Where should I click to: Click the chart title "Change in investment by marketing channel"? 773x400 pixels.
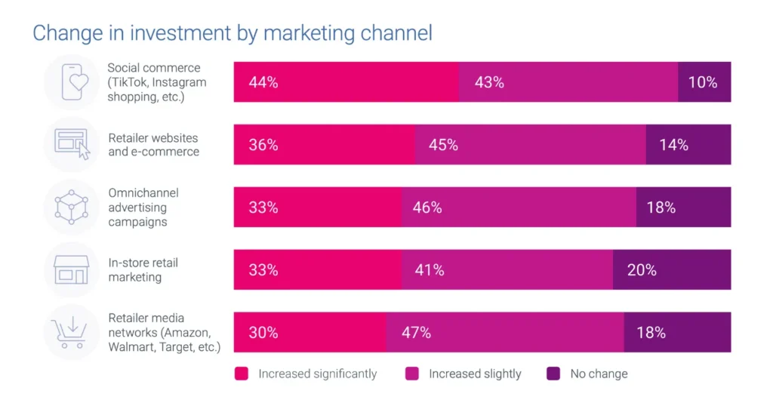pyautogui.click(x=232, y=34)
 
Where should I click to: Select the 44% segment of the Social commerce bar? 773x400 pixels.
pyautogui.click(x=346, y=82)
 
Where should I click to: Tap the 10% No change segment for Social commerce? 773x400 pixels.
pyautogui.click(x=704, y=82)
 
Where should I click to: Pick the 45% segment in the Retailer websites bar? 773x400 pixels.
pyautogui.click(x=530, y=145)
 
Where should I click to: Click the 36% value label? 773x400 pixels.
pyautogui.click(x=263, y=145)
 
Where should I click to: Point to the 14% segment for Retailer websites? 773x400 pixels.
pyautogui.click(x=688, y=145)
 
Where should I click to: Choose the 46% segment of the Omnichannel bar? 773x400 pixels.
pyautogui.click(x=519, y=207)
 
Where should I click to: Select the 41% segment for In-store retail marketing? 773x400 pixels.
pyautogui.click(x=507, y=269)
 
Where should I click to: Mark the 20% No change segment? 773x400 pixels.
pyautogui.click(x=672, y=269)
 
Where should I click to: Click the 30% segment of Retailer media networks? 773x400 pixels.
pyautogui.click(x=310, y=332)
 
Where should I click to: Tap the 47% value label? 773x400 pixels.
pyautogui.click(x=416, y=332)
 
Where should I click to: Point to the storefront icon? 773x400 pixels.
pyautogui.click(x=72, y=269)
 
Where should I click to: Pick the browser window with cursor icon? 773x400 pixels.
pyautogui.click(x=72, y=144)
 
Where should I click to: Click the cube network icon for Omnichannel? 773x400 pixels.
pyautogui.click(x=72, y=207)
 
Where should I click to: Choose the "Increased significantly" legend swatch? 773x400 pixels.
pyautogui.click(x=242, y=374)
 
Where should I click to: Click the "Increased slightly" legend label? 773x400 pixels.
pyautogui.click(x=475, y=374)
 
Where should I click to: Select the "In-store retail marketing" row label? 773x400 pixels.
pyautogui.click(x=143, y=270)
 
